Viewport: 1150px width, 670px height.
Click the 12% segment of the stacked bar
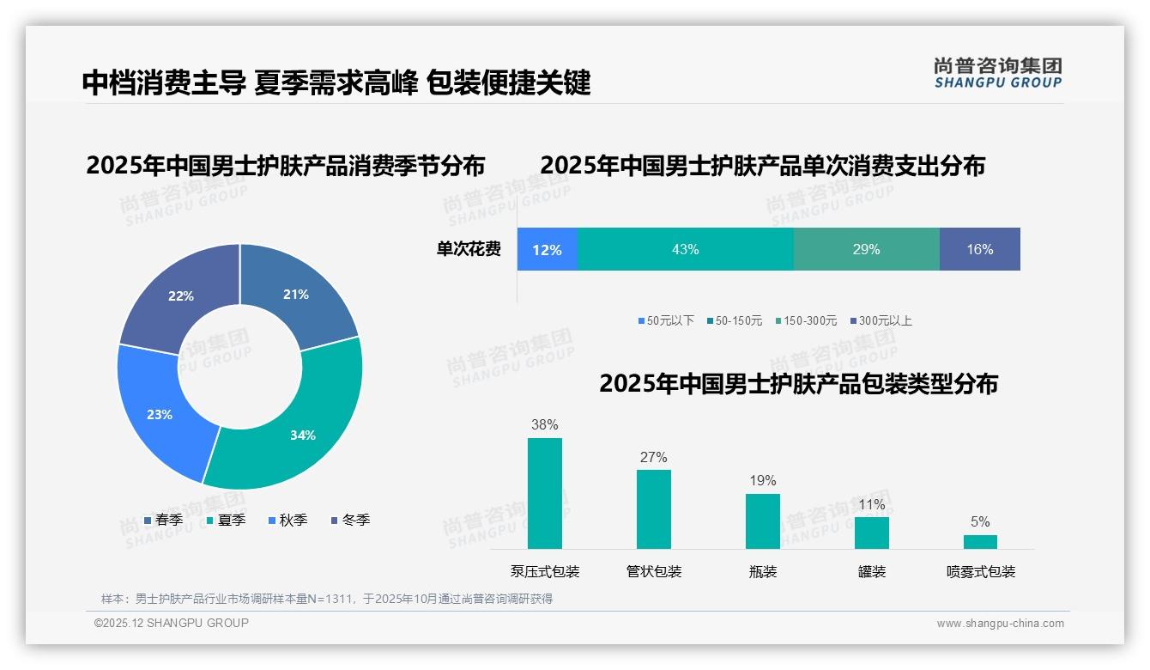(547, 250)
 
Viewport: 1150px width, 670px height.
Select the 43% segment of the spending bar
(685, 250)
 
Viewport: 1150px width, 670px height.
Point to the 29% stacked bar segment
(866, 250)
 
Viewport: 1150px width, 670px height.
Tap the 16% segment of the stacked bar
(979, 250)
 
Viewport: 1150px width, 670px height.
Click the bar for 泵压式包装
(545, 493)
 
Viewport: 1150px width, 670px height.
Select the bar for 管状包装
(654, 509)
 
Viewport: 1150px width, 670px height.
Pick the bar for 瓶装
(763, 521)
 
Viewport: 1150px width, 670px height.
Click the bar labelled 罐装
(872, 533)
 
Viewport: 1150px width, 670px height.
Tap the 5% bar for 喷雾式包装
(980, 542)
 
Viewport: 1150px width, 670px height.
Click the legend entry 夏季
(227, 521)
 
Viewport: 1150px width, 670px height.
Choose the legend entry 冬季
(350, 521)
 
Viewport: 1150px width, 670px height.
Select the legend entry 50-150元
(735, 321)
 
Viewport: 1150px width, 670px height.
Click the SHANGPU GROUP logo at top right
(997, 73)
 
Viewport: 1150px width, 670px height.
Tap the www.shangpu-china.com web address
(1000, 624)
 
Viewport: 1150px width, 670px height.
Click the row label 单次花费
(469, 250)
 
